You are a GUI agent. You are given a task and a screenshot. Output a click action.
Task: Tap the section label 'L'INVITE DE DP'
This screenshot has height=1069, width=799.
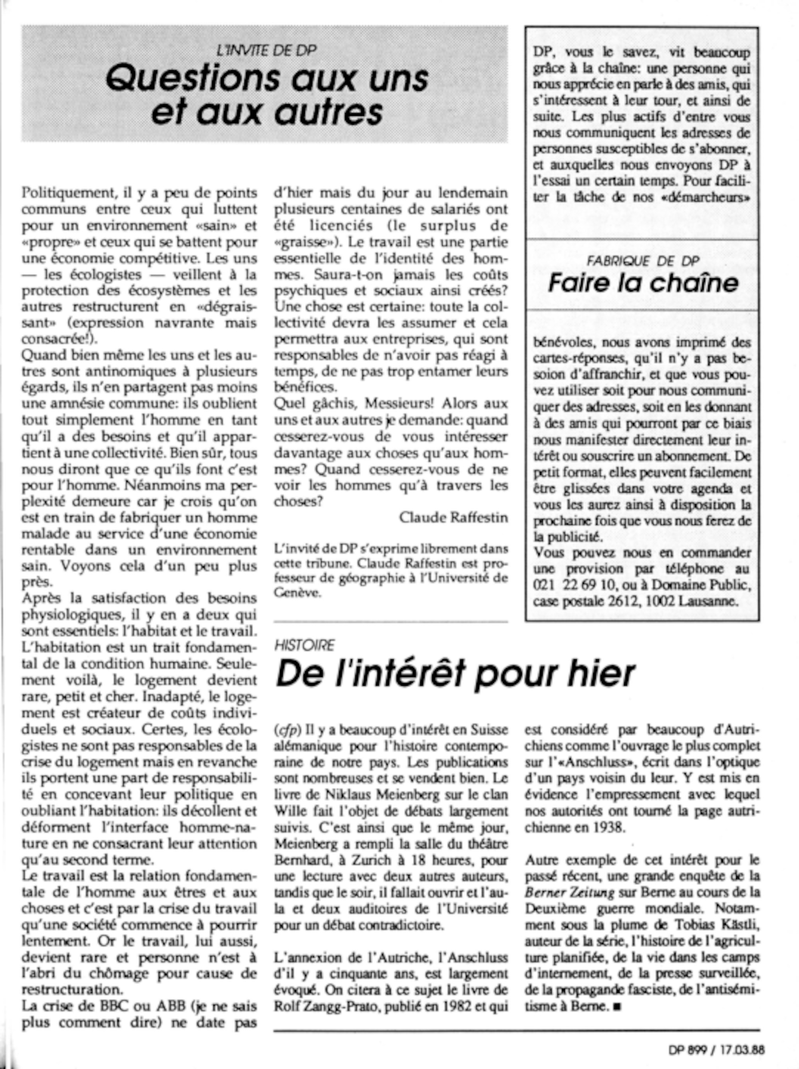(267, 51)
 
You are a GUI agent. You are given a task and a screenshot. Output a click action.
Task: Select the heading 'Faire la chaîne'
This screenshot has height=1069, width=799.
(643, 283)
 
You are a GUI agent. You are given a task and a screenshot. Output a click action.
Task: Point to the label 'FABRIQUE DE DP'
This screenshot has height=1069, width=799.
(643, 261)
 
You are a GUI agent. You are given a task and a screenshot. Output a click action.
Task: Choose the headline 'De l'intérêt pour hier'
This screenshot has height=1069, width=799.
(454, 674)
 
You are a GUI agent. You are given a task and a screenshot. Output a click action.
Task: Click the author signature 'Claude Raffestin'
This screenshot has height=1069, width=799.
(453, 518)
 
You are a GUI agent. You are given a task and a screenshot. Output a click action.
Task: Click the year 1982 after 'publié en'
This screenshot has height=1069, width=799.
(447, 1006)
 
